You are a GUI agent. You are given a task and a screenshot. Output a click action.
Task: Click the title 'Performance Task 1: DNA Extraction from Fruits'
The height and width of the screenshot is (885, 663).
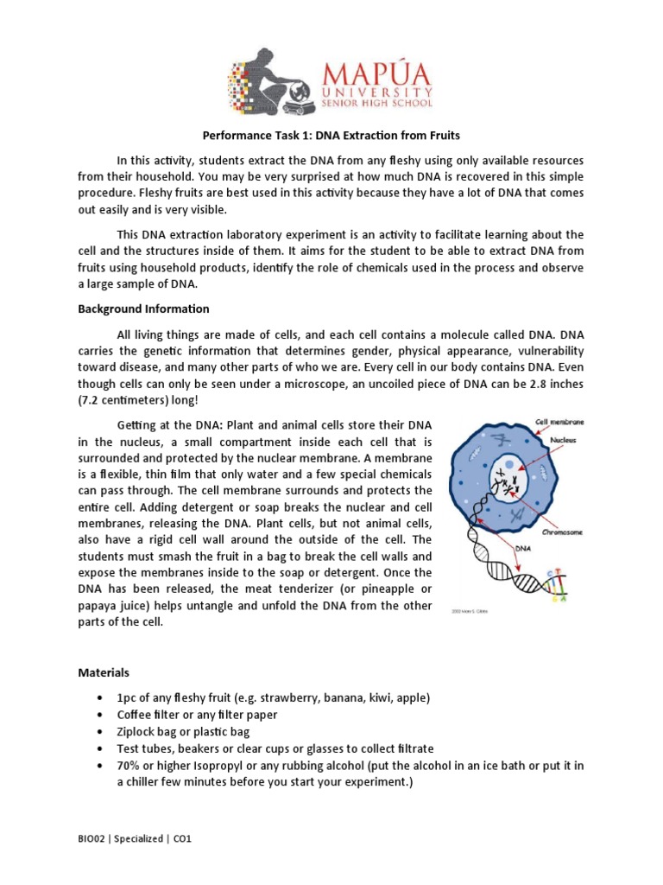(x=331, y=136)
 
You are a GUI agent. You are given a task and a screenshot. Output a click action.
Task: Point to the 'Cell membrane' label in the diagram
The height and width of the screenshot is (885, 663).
(x=559, y=422)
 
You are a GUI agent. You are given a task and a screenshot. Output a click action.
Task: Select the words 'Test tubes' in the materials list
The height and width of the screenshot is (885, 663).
(x=143, y=748)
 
